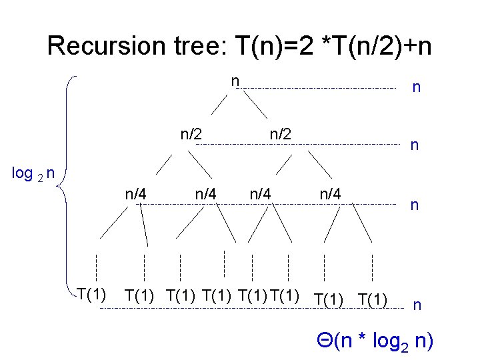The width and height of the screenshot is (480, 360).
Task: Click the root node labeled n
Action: coord(235,81)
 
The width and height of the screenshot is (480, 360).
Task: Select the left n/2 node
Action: coord(191,133)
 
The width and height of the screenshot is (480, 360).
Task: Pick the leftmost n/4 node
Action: coord(136,194)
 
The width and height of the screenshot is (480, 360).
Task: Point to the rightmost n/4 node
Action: coord(331,194)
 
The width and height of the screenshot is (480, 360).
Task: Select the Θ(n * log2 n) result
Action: coord(375,341)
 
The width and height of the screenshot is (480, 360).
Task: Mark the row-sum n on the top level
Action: coord(417,87)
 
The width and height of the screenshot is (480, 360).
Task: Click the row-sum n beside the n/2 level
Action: coord(414,145)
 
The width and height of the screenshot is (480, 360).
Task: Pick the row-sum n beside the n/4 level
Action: coord(414,205)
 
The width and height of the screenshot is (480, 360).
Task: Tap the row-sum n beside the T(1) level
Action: coord(417,305)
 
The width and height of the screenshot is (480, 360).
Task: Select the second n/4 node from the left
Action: coord(205,194)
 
